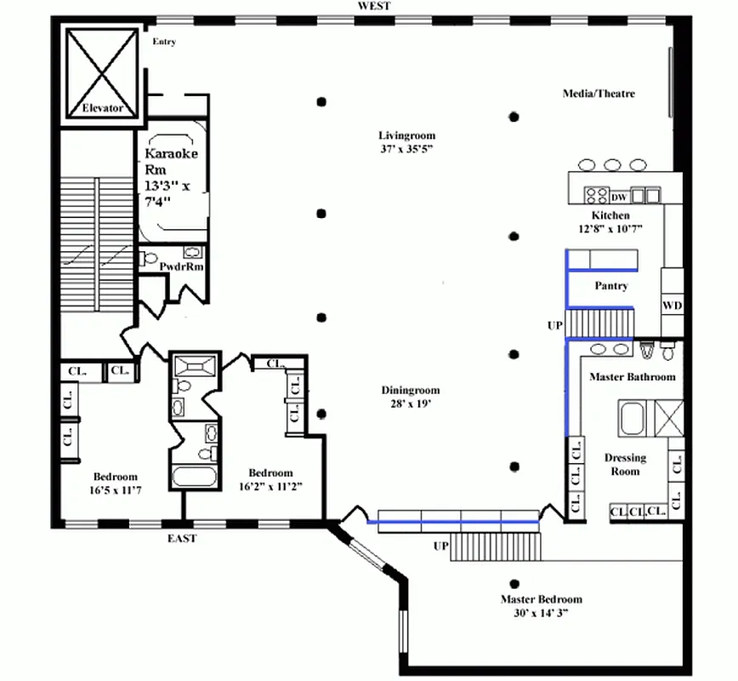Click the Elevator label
[x=103, y=108]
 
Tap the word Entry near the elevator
[x=164, y=42]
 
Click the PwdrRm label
[x=181, y=266]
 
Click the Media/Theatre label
[x=599, y=94]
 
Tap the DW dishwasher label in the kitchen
[x=619, y=197]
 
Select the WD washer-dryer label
[x=672, y=306]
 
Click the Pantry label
[x=611, y=286]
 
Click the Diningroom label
[x=411, y=390]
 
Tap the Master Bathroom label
[x=633, y=376]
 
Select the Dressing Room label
[x=625, y=464]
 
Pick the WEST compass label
[x=374, y=6]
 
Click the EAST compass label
[x=182, y=538]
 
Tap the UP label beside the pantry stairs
[x=555, y=325]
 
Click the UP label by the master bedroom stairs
[x=441, y=546]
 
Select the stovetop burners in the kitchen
[x=596, y=195]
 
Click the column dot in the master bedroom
[x=514, y=585]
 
